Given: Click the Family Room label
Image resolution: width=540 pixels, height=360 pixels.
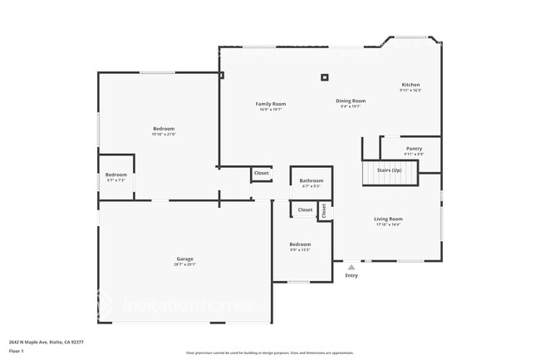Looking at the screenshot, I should point(270,104).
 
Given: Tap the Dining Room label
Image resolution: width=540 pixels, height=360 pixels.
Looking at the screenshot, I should point(351,101).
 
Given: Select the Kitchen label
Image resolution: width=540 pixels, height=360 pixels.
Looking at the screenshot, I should point(410,85).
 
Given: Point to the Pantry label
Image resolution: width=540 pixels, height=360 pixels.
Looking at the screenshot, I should point(414,149).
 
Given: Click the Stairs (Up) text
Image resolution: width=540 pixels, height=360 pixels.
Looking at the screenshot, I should point(390,170).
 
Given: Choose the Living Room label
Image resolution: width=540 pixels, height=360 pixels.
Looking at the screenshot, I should point(388,219).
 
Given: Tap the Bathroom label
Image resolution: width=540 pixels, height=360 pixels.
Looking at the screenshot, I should point(312,180).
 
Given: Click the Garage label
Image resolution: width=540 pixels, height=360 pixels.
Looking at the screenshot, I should point(184,259).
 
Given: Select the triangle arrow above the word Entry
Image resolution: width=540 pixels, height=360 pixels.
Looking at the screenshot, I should point(351,267).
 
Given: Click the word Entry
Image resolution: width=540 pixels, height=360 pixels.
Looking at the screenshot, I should point(351,276).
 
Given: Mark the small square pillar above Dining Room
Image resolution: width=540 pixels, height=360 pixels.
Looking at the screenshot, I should point(324,77).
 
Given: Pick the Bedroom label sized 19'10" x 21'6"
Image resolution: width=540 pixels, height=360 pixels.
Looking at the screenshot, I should point(164,128).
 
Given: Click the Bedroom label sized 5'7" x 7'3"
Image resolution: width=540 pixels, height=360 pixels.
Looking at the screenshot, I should point(116,175).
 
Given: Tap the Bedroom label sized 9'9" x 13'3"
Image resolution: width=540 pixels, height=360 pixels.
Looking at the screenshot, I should point(300,244).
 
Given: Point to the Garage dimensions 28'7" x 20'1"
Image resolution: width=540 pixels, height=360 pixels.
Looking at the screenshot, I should point(184,264).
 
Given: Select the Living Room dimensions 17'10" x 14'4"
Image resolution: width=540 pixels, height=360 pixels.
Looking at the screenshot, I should point(388,224).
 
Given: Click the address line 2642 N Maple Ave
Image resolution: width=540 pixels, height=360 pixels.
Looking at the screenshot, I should point(47,341).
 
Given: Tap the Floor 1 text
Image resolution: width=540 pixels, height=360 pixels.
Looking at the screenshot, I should point(17,350).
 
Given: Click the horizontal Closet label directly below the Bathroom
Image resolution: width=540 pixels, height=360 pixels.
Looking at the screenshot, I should point(305,210).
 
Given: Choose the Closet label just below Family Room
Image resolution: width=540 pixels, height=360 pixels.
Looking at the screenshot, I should point(262,173).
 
